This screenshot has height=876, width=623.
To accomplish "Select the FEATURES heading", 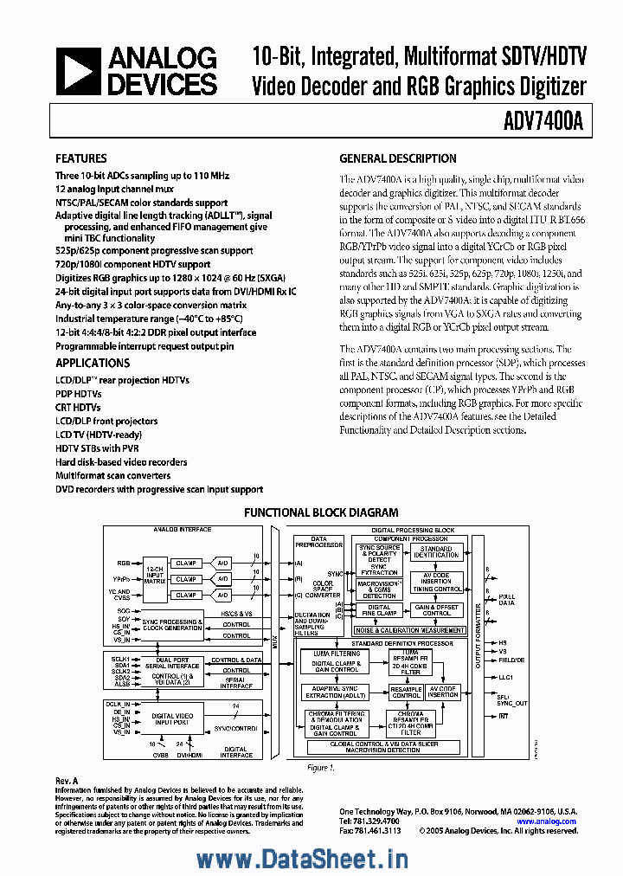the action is pyautogui.click(x=81, y=158).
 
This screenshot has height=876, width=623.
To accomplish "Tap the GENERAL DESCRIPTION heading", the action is pyautogui.click(x=398, y=158).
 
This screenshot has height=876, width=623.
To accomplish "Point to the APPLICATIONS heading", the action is pyautogui.click(x=93, y=363).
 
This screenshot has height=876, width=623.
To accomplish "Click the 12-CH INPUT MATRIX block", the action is pyautogui.click(x=155, y=577).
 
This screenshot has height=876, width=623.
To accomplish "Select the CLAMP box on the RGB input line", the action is pyautogui.click(x=185, y=563).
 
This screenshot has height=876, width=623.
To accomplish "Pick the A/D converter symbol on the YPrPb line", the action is pyautogui.click(x=222, y=578).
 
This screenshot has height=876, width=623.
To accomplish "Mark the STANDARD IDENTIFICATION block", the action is pyautogui.click(x=436, y=551).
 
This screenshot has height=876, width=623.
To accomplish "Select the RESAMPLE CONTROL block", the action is pyautogui.click(x=406, y=692).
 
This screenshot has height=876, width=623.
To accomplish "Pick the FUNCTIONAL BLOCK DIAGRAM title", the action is pyautogui.click(x=320, y=512).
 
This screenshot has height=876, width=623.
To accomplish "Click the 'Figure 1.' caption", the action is pyautogui.click(x=320, y=768).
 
